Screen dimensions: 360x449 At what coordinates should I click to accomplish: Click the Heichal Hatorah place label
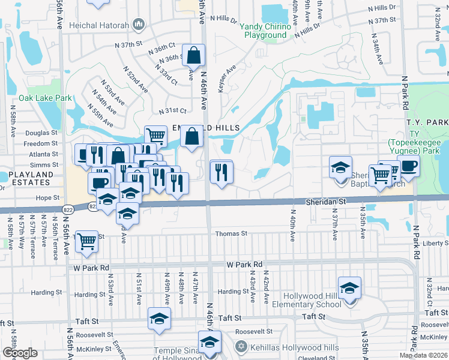click(98, 24)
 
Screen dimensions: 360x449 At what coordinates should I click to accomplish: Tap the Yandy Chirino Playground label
click(265, 31)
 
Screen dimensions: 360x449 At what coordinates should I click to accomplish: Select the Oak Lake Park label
click(45, 98)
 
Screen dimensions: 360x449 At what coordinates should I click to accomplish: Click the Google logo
click(20, 353)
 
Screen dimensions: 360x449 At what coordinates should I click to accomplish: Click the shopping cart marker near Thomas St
click(88, 241)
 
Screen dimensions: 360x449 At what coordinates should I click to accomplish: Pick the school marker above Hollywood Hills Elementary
click(349, 287)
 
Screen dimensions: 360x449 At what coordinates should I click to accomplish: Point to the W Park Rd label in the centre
click(244, 264)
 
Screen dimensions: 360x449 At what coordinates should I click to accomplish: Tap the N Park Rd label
click(406, 99)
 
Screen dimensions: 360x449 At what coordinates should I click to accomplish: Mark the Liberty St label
click(436, 244)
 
